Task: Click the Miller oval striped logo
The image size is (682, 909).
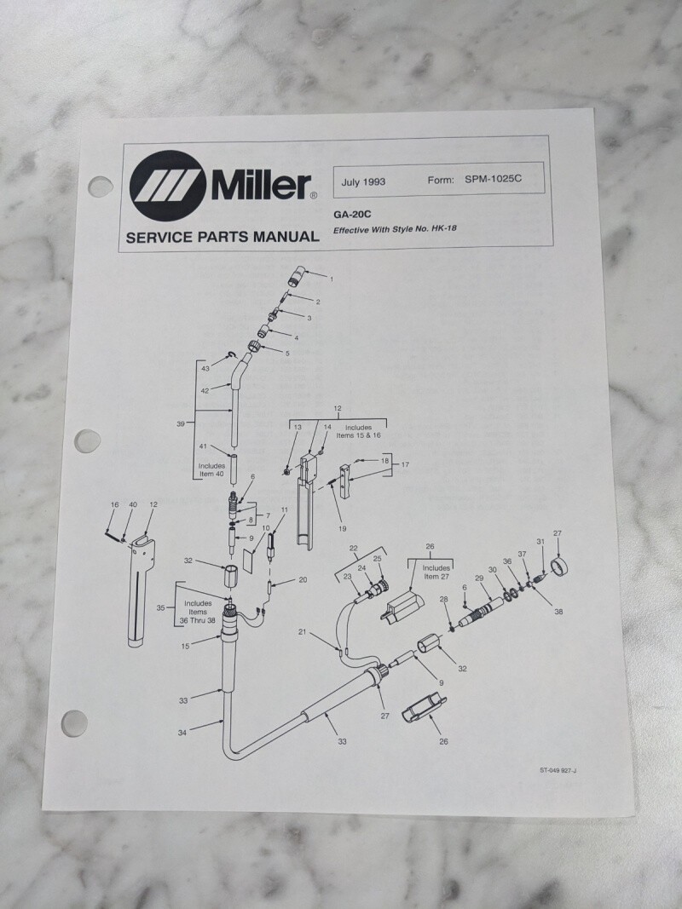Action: pyautogui.click(x=168, y=186)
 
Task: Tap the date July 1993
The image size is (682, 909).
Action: pyautogui.click(x=363, y=182)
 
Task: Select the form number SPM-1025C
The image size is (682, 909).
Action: pyautogui.click(x=493, y=179)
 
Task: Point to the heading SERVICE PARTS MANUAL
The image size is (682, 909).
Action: pyautogui.click(x=223, y=237)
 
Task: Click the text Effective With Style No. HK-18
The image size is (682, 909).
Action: pyautogui.click(x=395, y=229)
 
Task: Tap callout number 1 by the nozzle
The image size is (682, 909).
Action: pyautogui.click(x=332, y=279)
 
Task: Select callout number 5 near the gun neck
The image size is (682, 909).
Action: pyautogui.click(x=287, y=353)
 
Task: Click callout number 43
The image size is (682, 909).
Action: pyautogui.click(x=205, y=369)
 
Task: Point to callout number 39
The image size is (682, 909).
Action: pyautogui.click(x=181, y=423)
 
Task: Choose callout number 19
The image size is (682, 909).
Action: pyautogui.click(x=342, y=529)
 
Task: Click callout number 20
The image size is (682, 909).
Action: pyautogui.click(x=303, y=579)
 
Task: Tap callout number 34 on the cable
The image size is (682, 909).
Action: pyautogui.click(x=182, y=733)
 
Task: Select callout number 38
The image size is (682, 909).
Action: pyautogui.click(x=558, y=611)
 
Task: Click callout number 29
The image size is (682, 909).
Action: pyautogui.click(x=479, y=578)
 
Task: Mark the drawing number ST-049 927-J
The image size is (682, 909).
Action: pyautogui.click(x=558, y=770)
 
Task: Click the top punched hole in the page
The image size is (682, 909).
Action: pyautogui.click(x=101, y=186)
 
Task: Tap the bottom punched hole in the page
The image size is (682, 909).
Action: pyautogui.click(x=75, y=723)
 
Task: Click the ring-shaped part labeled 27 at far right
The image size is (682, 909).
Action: pyautogui.click(x=558, y=565)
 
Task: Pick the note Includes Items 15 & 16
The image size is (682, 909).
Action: pyautogui.click(x=358, y=431)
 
